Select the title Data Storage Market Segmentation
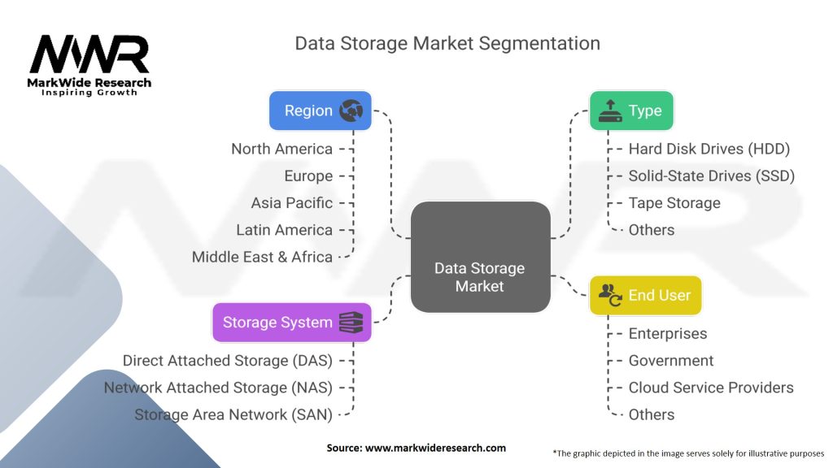click(x=447, y=43)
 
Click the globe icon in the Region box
click(x=351, y=110)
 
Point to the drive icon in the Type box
click(x=610, y=111)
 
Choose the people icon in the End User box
click(x=610, y=295)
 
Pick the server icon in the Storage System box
click(x=351, y=323)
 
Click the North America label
click(x=281, y=149)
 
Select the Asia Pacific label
click(x=291, y=202)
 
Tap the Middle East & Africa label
click(x=262, y=257)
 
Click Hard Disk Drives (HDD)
click(x=709, y=149)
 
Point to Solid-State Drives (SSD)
click(x=711, y=175)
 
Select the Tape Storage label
click(x=674, y=202)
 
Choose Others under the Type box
click(x=651, y=230)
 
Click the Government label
click(x=670, y=360)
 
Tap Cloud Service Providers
click(x=710, y=388)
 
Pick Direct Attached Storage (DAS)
click(x=227, y=360)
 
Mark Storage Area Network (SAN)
click(x=233, y=414)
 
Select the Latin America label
click(x=284, y=230)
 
